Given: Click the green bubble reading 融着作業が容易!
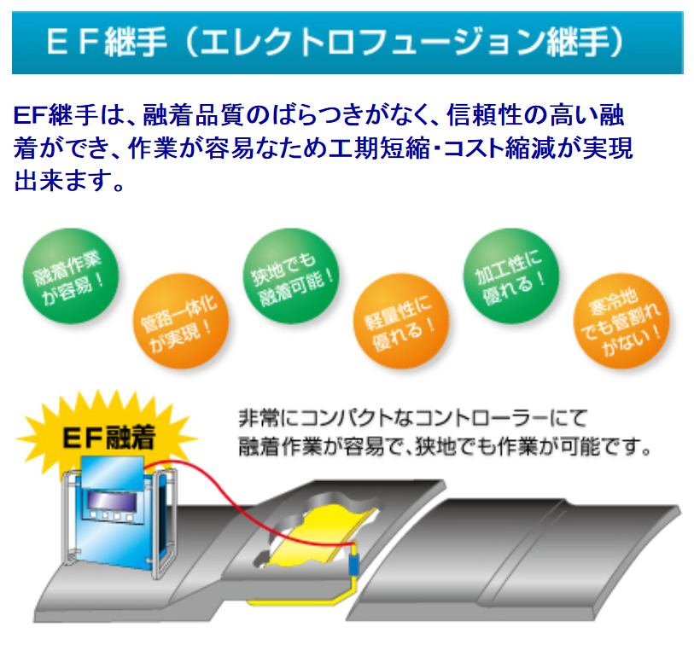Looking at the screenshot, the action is coord(71,276).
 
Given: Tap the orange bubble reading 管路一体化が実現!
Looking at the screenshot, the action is coord(181,321).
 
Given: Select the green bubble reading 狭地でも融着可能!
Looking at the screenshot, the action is coord(291,276).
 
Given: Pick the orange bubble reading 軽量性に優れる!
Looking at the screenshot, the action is coord(401,321).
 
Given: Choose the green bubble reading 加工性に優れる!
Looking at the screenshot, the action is coord(511,276).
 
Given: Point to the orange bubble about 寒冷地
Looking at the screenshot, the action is coord(621,321).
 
